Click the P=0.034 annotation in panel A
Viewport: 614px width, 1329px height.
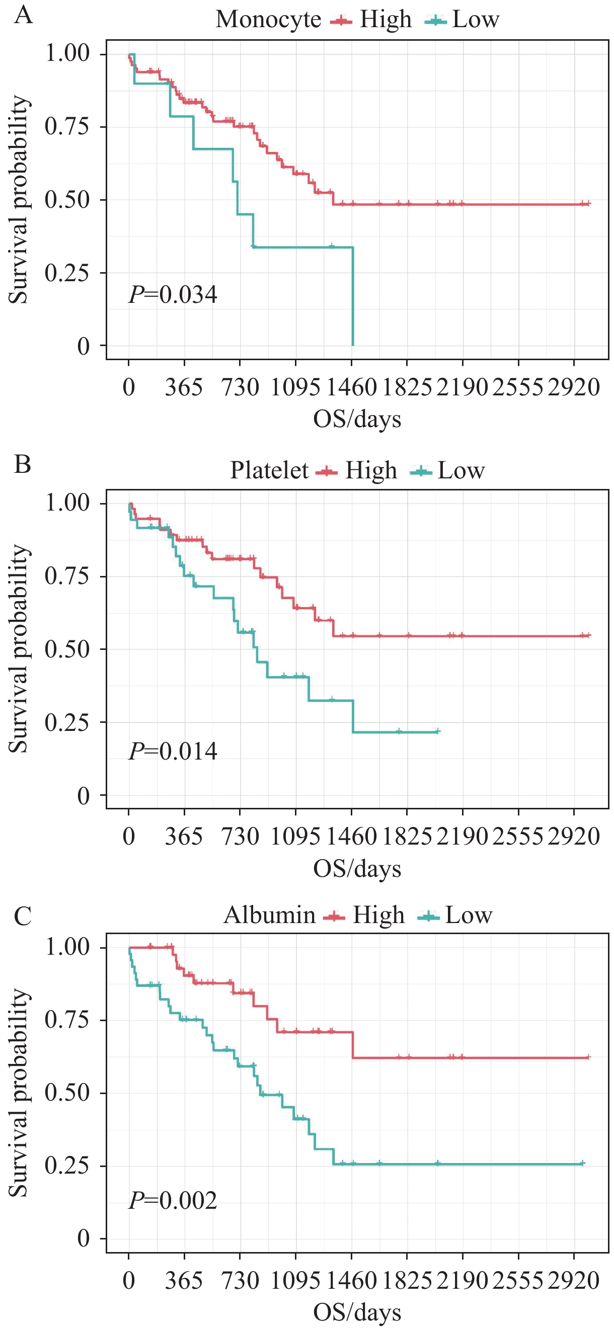click(173, 295)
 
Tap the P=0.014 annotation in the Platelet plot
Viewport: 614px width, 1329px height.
click(173, 751)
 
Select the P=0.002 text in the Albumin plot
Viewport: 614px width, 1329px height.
click(173, 1201)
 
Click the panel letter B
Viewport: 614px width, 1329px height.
click(23, 464)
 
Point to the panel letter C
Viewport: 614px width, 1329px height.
click(23, 917)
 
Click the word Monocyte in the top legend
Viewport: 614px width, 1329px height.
click(268, 20)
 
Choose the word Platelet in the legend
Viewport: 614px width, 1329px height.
click(269, 470)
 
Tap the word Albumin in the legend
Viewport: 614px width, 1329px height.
click(269, 915)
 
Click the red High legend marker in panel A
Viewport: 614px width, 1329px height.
click(341, 21)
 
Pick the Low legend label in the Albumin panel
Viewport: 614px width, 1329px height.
click(469, 915)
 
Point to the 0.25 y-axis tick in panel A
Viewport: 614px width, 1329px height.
click(67, 273)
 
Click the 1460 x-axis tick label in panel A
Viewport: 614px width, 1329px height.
click(352, 387)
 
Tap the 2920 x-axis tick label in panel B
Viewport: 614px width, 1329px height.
click(574, 837)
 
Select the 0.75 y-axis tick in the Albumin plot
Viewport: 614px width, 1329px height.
click(67, 1020)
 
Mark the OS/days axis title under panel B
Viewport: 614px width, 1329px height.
click(357, 869)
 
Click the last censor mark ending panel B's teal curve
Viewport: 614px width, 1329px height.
click(437, 731)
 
